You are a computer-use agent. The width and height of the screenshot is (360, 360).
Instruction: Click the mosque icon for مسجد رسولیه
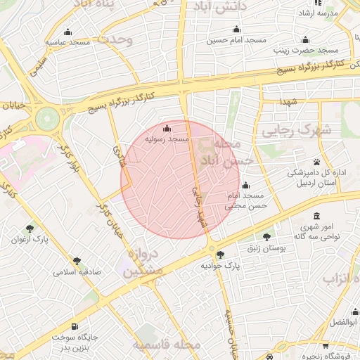click(x=167, y=129)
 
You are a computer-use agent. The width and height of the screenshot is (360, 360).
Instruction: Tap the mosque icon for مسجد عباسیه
click(x=67, y=32)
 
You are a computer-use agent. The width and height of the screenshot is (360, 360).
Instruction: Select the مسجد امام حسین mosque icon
click(x=236, y=30)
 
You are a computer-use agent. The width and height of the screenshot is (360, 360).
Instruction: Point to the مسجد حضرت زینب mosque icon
click(x=305, y=39)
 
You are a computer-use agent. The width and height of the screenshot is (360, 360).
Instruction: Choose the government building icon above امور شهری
click(x=316, y=216)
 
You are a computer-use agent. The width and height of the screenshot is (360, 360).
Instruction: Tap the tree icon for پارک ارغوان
click(x=29, y=229)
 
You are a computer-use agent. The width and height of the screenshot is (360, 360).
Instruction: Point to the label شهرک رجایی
click(x=285, y=131)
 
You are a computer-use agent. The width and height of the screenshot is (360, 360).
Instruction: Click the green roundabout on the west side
click(x=47, y=117)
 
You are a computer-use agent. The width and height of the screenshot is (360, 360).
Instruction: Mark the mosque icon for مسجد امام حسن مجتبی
click(x=245, y=186)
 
